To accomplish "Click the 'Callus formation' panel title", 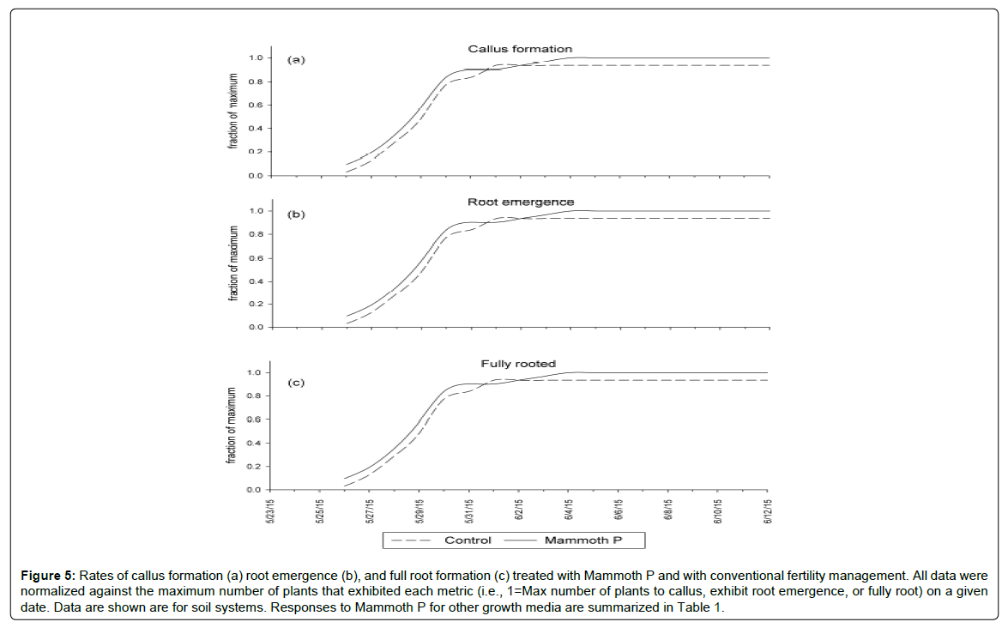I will click(x=520, y=49).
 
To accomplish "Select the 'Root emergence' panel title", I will click(x=521, y=202).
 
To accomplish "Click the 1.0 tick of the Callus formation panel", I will click(x=255, y=58).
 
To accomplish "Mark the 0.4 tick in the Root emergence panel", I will click(x=255, y=281).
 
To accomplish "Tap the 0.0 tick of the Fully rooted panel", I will click(x=255, y=490).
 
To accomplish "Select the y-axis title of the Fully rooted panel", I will click(x=232, y=427).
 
